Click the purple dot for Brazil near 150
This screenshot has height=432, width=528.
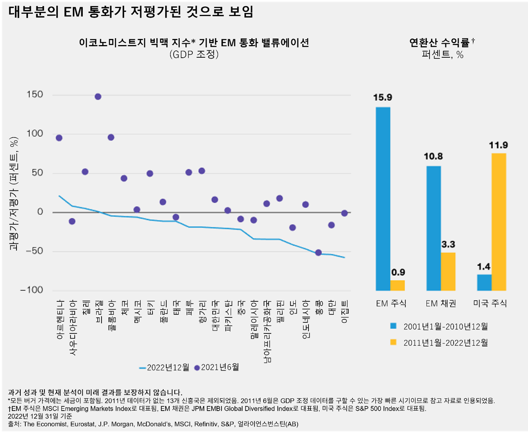pos(98,97)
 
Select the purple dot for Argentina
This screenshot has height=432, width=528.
pos(59,138)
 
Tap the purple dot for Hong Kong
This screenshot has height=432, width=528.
pos(318,253)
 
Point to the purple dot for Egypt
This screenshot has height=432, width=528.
pos(345,213)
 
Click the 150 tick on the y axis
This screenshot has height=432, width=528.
pos(34,94)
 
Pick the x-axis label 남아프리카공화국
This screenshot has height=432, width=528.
pos(267,331)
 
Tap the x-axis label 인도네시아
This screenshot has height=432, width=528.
pos(306,319)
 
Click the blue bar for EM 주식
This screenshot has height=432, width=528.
pos(383,199)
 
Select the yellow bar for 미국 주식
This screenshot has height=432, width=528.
pos(499,222)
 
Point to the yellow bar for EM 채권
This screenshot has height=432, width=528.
pos(448,271)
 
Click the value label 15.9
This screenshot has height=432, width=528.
pos(383,97)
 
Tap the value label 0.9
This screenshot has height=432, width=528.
pos(398,272)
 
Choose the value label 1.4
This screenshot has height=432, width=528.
pos(484,267)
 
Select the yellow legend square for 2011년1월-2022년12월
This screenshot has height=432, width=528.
pos(393,342)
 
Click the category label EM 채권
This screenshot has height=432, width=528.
pos(441,304)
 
